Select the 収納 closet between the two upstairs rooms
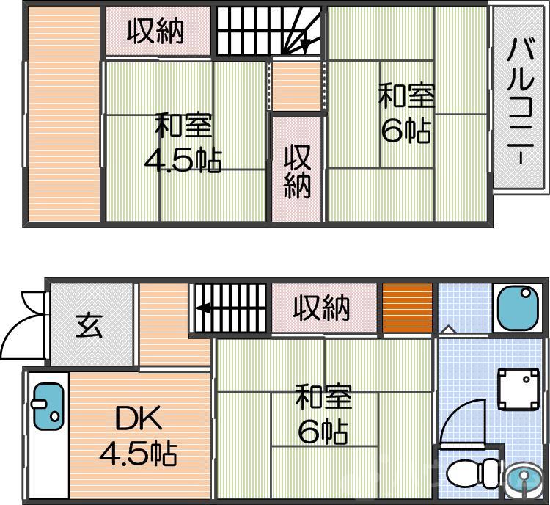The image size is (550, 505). pyautogui.click(x=297, y=171)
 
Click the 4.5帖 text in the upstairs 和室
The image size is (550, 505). pyautogui.click(x=183, y=159)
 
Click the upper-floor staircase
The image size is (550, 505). pyautogui.click(x=269, y=31)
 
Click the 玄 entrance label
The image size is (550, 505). pyautogui.click(x=89, y=324)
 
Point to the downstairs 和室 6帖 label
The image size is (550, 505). pyautogui.click(x=323, y=415)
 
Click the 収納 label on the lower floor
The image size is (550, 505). pyautogui.click(x=322, y=308)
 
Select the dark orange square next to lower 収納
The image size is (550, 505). pyautogui.click(x=407, y=308)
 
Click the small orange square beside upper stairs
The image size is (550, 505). pyautogui.click(x=296, y=86)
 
